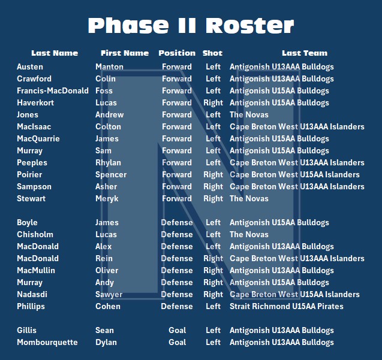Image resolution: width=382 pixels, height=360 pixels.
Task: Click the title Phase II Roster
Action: (x=191, y=25)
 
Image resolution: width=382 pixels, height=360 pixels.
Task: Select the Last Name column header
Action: (x=55, y=53)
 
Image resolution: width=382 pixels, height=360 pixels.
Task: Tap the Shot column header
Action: (x=213, y=53)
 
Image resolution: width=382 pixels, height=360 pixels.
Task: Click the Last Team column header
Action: (x=305, y=53)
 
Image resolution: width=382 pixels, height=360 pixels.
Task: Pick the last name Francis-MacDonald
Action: (x=53, y=90)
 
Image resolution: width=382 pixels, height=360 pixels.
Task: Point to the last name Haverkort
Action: (x=35, y=102)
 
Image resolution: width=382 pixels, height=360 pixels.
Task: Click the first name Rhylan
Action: (x=108, y=162)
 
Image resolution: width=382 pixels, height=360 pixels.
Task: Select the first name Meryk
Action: (x=107, y=198)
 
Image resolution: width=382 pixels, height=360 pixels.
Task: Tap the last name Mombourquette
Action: (x=47, y=342)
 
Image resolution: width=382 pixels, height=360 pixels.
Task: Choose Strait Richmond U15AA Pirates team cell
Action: (x=287, y=306)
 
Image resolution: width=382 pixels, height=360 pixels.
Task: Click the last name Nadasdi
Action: (x=34, y=294)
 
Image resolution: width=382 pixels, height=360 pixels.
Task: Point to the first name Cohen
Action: (x=108, y=306)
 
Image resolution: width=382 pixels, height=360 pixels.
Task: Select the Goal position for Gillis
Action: (x=177, y=330)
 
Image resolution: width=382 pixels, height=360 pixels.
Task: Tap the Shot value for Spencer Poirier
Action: (x=213, y=174)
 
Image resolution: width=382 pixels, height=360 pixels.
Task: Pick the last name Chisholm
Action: (x=35, y=234)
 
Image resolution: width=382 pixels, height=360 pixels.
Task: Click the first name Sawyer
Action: (x=109, y=294)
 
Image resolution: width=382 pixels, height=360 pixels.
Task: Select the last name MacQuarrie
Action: (x=38, y=138)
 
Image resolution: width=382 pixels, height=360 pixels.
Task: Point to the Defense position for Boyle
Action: (x=177, y=222)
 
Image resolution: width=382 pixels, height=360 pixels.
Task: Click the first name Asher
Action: (x=107, y=186)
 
